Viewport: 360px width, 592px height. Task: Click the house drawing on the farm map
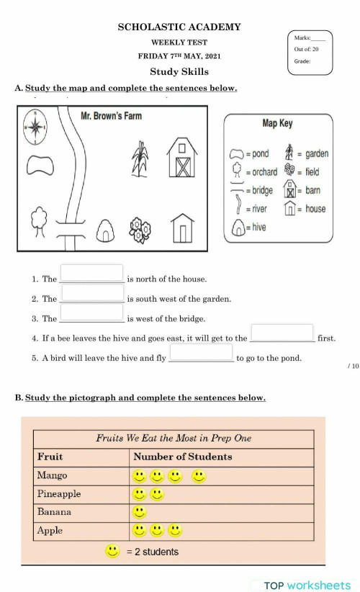pyautogui.click(x=184, y=228)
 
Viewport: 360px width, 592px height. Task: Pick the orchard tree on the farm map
pyautogui.click(x=40, y=221)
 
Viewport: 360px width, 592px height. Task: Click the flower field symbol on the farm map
pyautogui.click(x=141, y=229)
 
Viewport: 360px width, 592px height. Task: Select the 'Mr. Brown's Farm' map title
pyautogui.click(x=112, y=116)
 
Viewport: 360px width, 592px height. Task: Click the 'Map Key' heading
pyautogui.click(x=277, y=123)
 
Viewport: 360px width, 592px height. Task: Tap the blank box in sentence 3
pyautogui.click(x=91, y=313)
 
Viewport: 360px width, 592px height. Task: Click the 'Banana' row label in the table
pyautogui.click(x=55, y=512)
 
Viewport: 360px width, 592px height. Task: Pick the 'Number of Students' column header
pyautogui.click(x=183, y=457)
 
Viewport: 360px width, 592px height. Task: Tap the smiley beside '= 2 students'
pyautogui.click(x=112, y=551)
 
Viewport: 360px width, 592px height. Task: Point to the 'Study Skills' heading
pyautogui.click(x=179, y=71)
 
